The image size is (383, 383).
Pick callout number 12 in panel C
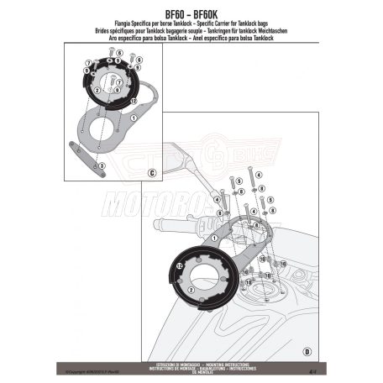coord(133,99)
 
